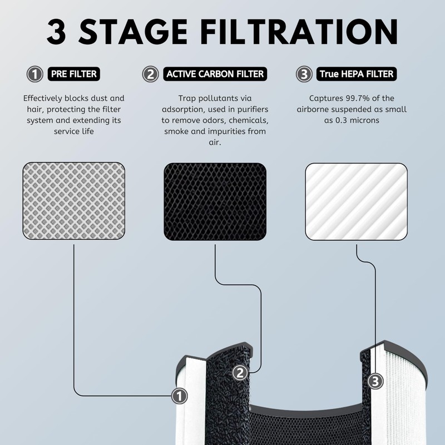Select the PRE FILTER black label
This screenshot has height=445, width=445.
(75, 74)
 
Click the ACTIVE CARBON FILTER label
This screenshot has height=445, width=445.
(215, 74)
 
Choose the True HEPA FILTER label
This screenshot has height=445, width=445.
(356, 74)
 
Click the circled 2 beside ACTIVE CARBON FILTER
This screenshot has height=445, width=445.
(150, 74)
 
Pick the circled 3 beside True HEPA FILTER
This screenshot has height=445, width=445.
(303, 74)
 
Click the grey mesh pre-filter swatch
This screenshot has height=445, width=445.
(73, 201)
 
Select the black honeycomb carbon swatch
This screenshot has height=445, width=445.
(215, 201)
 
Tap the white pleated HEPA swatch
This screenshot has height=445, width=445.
(356, 201)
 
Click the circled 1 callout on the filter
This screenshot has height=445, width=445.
(179, 396)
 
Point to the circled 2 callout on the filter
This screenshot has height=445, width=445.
(240, 373)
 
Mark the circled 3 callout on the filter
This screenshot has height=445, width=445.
(375, 381)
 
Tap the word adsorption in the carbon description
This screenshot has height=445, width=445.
(186, 109)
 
